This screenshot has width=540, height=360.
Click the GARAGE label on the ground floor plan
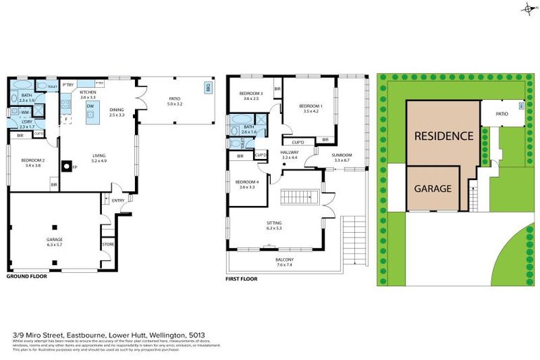tap(54, 239)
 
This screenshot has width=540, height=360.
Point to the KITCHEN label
tap(88, 92)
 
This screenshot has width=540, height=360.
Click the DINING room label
tap(117, 110)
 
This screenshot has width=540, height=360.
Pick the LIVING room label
tap(98, 157)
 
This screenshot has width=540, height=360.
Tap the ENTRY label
tap(117, 200)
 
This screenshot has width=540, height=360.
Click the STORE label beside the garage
tap(108, 244)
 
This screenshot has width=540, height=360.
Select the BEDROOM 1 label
tap(311, 107)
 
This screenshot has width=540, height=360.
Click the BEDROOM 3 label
tap(251, 94)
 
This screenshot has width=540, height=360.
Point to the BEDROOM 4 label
tap(247, 182)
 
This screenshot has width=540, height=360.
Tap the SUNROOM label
tap(342, 155)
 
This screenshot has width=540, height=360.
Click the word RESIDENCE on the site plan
tap(443, 135)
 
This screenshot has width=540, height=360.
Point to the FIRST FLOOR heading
tap(242, 279)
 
